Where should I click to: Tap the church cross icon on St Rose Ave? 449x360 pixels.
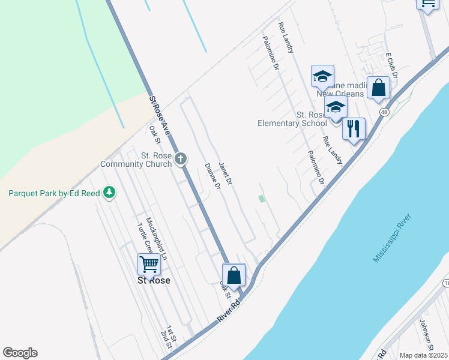pyautogui.click(x=181, y=158)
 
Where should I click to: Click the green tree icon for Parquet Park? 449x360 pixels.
pyautogui.click(x=109, y=192)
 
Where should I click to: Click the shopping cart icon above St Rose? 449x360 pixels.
pyautogui.click(x=148, y=263)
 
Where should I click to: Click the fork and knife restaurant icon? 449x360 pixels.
pyautogui.click(x=354, y=128)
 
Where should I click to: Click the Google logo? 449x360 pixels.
pyautogui.click(x=20, y=353)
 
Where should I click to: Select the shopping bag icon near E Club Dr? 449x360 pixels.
pyautogui.click(x=379, y=88)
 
